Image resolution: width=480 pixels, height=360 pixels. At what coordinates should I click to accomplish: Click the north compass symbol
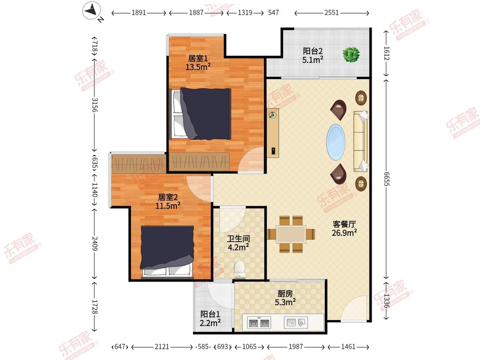92,11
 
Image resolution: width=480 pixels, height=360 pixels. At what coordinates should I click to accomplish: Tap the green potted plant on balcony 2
351,55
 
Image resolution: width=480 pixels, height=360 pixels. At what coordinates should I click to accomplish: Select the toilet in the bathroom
239,270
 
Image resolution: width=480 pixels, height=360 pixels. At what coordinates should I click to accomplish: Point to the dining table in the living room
291,235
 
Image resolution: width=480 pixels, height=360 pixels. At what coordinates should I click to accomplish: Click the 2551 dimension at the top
332,12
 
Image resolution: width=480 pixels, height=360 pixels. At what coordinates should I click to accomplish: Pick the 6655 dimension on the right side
387,179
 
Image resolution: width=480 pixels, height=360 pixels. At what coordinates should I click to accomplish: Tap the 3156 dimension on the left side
95,105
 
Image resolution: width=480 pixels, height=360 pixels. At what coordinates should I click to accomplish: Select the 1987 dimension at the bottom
296,346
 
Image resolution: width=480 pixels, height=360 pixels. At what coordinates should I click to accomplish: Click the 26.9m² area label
344,233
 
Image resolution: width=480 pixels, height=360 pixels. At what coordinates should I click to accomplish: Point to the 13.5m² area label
198,67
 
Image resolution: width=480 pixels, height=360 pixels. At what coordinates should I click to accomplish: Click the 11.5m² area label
168,206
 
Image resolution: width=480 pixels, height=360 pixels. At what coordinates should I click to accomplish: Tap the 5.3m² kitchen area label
285,302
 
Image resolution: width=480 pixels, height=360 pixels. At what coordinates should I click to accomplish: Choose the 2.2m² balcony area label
210,322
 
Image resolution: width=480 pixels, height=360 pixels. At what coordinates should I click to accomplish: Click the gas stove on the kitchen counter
259,322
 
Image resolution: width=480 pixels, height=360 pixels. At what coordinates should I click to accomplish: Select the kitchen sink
296,322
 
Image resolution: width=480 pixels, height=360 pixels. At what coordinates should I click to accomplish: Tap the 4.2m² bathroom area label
239,247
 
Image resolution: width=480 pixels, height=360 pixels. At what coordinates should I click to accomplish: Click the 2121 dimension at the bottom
162,346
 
